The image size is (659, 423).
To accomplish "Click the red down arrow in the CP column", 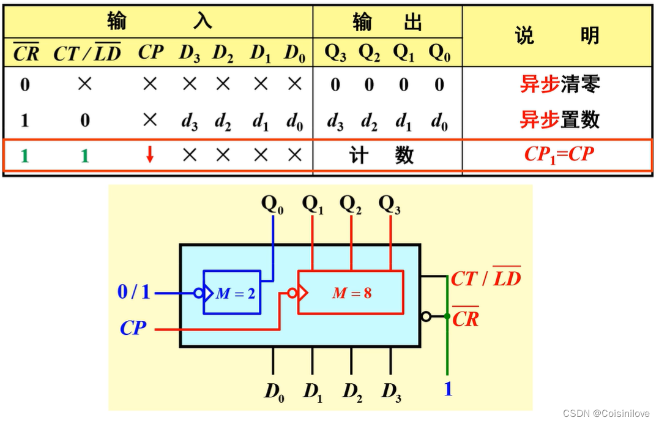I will (150, 155).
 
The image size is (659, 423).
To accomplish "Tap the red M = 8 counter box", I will (351, 292).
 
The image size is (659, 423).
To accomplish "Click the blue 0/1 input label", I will (134, 292).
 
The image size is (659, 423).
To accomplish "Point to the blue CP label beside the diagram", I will (133, 328).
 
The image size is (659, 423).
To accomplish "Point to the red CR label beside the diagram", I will (466, 318).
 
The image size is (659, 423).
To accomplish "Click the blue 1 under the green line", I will (448, 389).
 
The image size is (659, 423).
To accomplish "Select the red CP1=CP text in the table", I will (559, 154).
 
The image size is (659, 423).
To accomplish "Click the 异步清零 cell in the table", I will (560, 84).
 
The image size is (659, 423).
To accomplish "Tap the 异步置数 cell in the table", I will (560, 119).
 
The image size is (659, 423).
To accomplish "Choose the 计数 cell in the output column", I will (387, 155).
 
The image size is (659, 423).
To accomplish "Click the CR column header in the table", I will (26, 53).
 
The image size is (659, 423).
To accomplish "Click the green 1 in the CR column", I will (24, 155).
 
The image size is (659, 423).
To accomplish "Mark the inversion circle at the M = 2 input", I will (199, 293).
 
